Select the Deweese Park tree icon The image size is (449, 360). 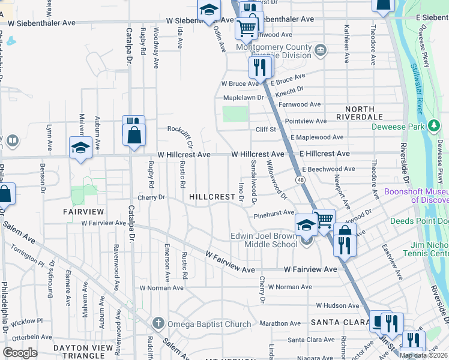pyautogui.click(x=433, y=126)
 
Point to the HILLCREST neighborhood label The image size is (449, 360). pyautogui.click(x=212, y=197)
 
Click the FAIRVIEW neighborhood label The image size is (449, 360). pyautogui.click(x=84, y=212)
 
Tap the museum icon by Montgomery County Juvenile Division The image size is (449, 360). pyautogui.click(x=321, y=49)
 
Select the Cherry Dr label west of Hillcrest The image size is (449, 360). pyautogui.click(x=151, y=197)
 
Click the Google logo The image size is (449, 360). pyautogui.click(x=20, y=353)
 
